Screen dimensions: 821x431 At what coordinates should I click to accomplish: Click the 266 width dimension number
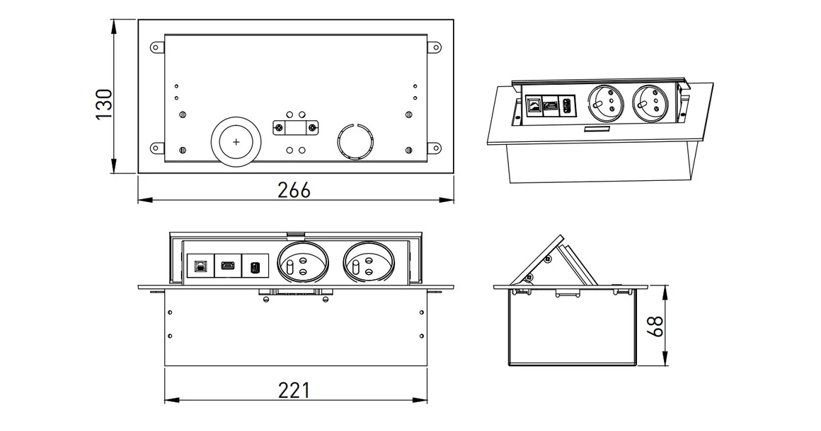(x=294, y=190)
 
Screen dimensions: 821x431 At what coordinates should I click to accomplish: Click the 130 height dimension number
(x=103, y=104)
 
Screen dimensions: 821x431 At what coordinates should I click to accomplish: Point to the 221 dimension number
(x=293, y=390)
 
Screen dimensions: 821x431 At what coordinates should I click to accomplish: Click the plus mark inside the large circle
(x=236, y=142)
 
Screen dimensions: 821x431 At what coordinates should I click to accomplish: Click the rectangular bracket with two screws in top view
(x=295, y=128)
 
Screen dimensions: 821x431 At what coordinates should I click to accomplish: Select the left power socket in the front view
(x=303, y=261)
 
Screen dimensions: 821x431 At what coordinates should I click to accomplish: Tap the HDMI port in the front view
(x=227, y=266)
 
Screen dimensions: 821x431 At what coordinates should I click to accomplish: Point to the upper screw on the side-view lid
(x=547, y=259)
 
